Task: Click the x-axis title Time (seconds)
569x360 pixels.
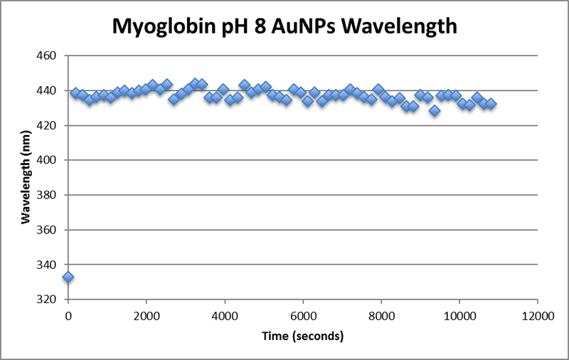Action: tap(302, 335)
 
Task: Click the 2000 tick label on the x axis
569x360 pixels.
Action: tap(146, 314)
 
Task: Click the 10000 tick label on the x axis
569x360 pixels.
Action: tap(459, 314)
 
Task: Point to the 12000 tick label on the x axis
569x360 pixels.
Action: tap(537, 314)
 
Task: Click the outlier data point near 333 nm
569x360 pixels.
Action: tap(68, 277)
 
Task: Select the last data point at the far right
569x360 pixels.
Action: tap(490, 104)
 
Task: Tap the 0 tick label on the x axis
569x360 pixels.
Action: tap(68, 314)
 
